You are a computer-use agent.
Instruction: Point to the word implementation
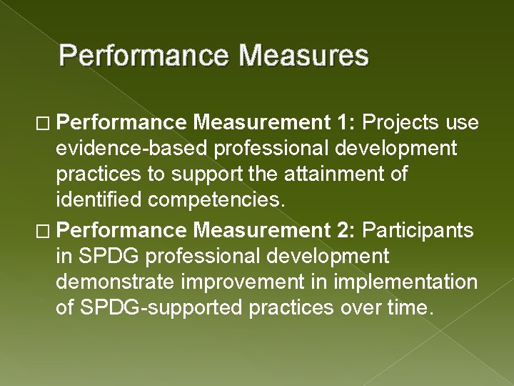click(405, 281)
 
